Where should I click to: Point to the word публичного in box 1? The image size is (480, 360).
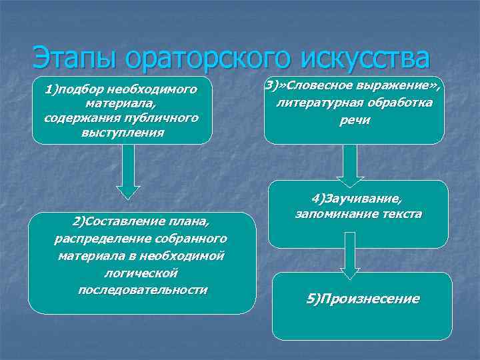click(x=162, y=118)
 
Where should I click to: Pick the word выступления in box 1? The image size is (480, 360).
click(x=122, y=131)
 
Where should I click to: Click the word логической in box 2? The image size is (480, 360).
click(x=142, y=273)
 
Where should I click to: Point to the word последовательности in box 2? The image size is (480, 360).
click(x=142, y=290)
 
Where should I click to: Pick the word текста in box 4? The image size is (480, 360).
click(x=400, y=215)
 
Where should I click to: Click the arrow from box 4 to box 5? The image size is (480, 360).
click(x=350, y=255)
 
